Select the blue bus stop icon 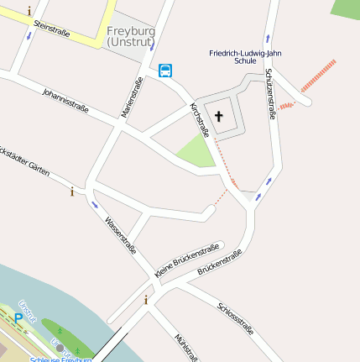(166, 71)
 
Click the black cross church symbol (220, 116)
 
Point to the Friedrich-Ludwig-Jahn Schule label (245, 56)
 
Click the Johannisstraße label (65, 104)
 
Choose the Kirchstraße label (200, 119)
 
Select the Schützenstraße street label (271, 94)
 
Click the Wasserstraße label (120, 235)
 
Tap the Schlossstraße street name (235, 317)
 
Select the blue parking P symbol (18, 318)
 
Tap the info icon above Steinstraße (30, 11)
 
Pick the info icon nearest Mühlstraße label (146, 300)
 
